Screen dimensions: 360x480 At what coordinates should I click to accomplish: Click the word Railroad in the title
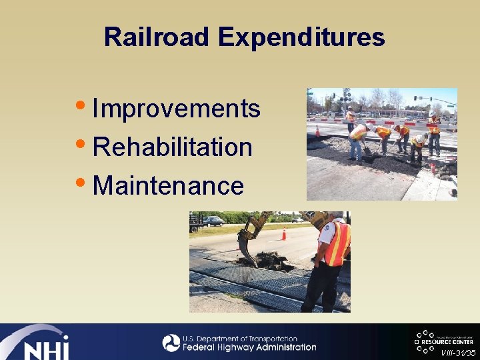point(157,37)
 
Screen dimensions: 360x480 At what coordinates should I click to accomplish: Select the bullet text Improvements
point(176,108)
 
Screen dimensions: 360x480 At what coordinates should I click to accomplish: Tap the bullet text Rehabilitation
point(173,147)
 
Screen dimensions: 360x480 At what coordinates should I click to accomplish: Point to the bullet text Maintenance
point(169,185)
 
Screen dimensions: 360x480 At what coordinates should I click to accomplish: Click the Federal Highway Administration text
point(249,347)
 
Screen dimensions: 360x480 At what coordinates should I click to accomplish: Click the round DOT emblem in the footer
point(171,343)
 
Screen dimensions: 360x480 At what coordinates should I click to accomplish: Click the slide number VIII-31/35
point(459,352)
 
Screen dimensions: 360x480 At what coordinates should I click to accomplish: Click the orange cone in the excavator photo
point(283,234)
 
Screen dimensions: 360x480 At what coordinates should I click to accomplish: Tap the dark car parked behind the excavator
point(213,221)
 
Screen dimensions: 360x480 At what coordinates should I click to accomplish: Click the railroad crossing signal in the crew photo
point(346,99)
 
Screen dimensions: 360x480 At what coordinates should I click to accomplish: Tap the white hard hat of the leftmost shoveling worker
point(370,125)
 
